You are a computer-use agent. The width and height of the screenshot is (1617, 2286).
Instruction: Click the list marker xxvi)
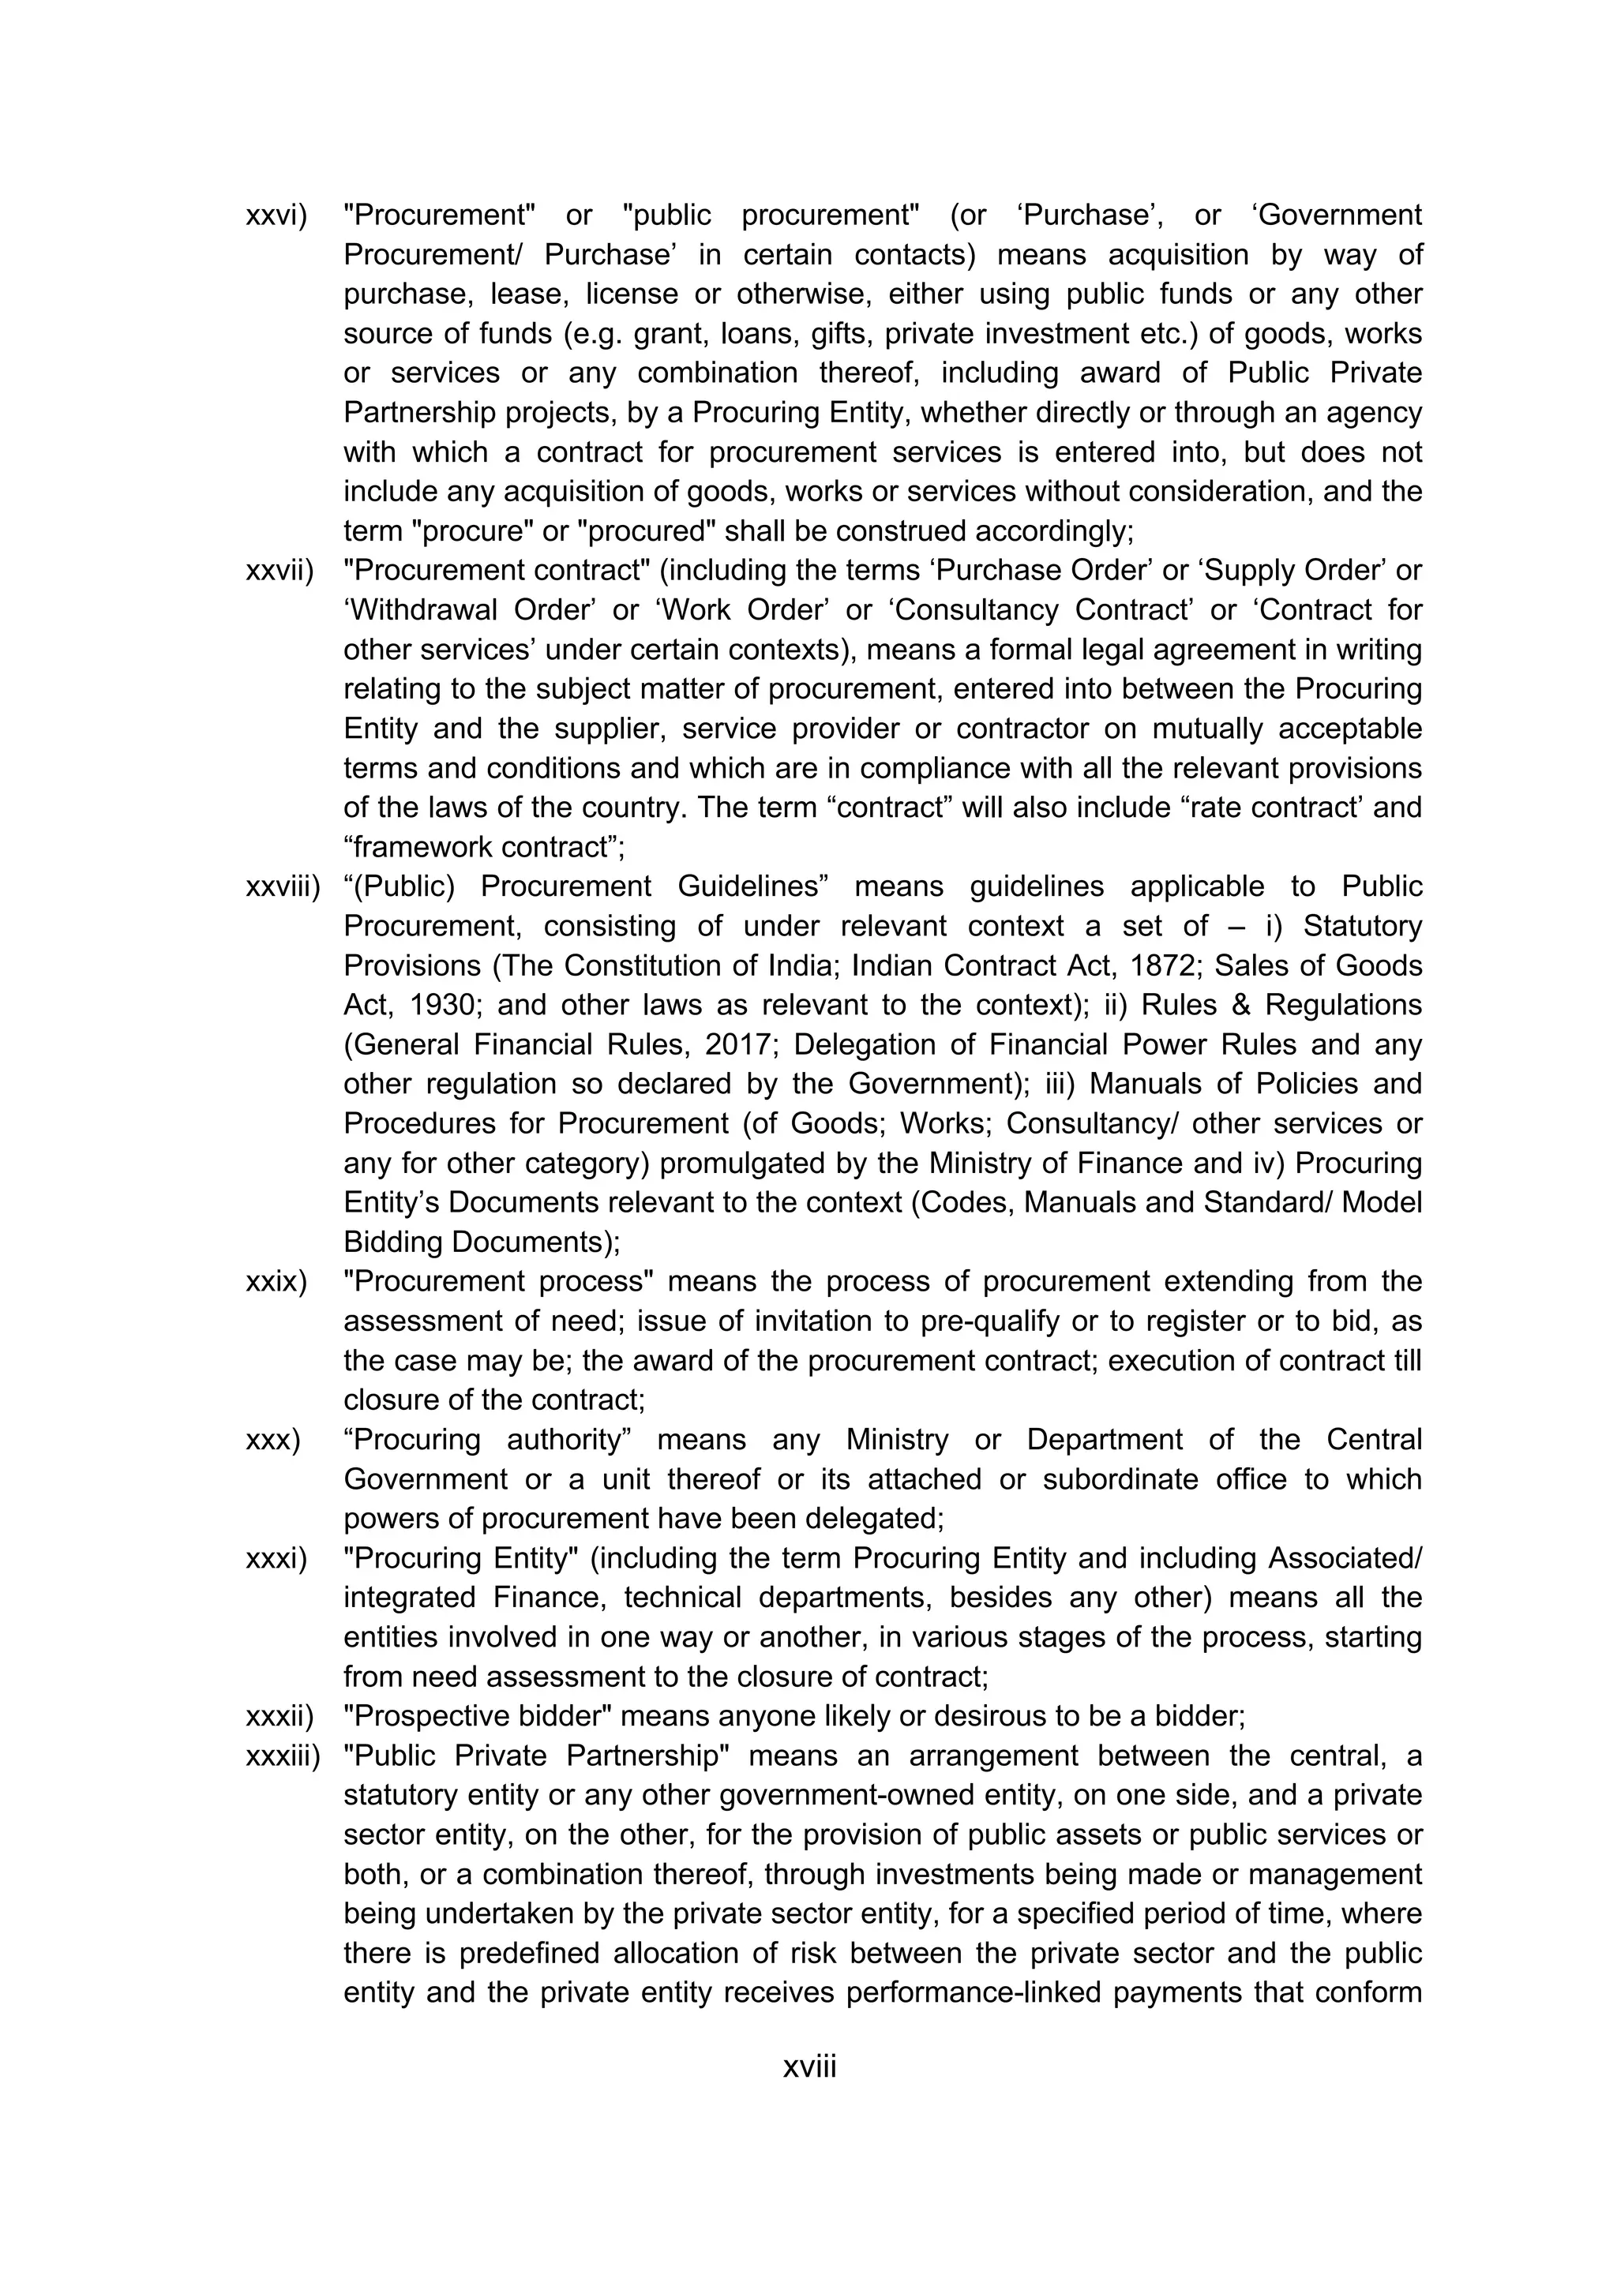click(x=276, y=215)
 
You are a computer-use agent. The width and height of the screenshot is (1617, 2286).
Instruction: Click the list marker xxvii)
click(x=279, y=571)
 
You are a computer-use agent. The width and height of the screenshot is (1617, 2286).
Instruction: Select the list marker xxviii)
click(x=283, y=886)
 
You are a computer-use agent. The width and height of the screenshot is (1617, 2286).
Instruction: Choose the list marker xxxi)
click(x=276, y=1558)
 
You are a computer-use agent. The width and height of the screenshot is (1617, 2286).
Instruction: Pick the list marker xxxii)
click(x=279, y=1717)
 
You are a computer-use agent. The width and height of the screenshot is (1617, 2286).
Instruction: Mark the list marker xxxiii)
click(x=283, y=1756)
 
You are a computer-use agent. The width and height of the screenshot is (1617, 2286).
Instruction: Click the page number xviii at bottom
click(x=808, y=2067)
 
